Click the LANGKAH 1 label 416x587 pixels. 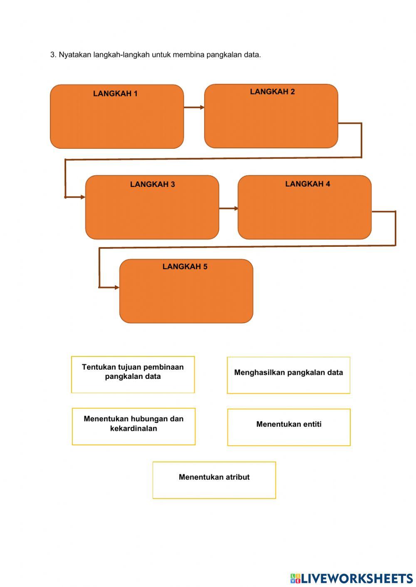tap(115, 93)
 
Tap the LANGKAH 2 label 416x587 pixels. tap(272, 92)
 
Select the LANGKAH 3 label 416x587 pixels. tap(152, 184)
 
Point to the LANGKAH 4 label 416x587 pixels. tap(307, 184)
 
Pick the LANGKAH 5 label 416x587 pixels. tap(185, 267)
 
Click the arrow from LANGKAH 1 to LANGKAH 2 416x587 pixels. tap(194, 107)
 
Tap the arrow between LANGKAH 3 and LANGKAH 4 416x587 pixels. tap(228, 208)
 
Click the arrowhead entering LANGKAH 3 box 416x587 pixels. tap(82, 197)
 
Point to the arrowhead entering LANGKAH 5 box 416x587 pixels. tap(116, 287)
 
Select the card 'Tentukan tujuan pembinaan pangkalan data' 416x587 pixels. tap(133, 374)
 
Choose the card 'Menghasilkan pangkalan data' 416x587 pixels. tap(288, 375)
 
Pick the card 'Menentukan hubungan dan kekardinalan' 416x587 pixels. tap(134, 426)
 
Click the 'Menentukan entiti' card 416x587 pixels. tap(289, 427)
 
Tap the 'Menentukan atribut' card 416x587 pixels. tap(214, 480)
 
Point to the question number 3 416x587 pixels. tap(53, 55)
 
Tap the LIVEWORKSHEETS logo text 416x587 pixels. tap(357, 578)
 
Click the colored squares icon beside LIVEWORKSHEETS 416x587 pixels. tap(295, 578)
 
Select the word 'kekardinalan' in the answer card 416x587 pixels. tap(134, 428)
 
